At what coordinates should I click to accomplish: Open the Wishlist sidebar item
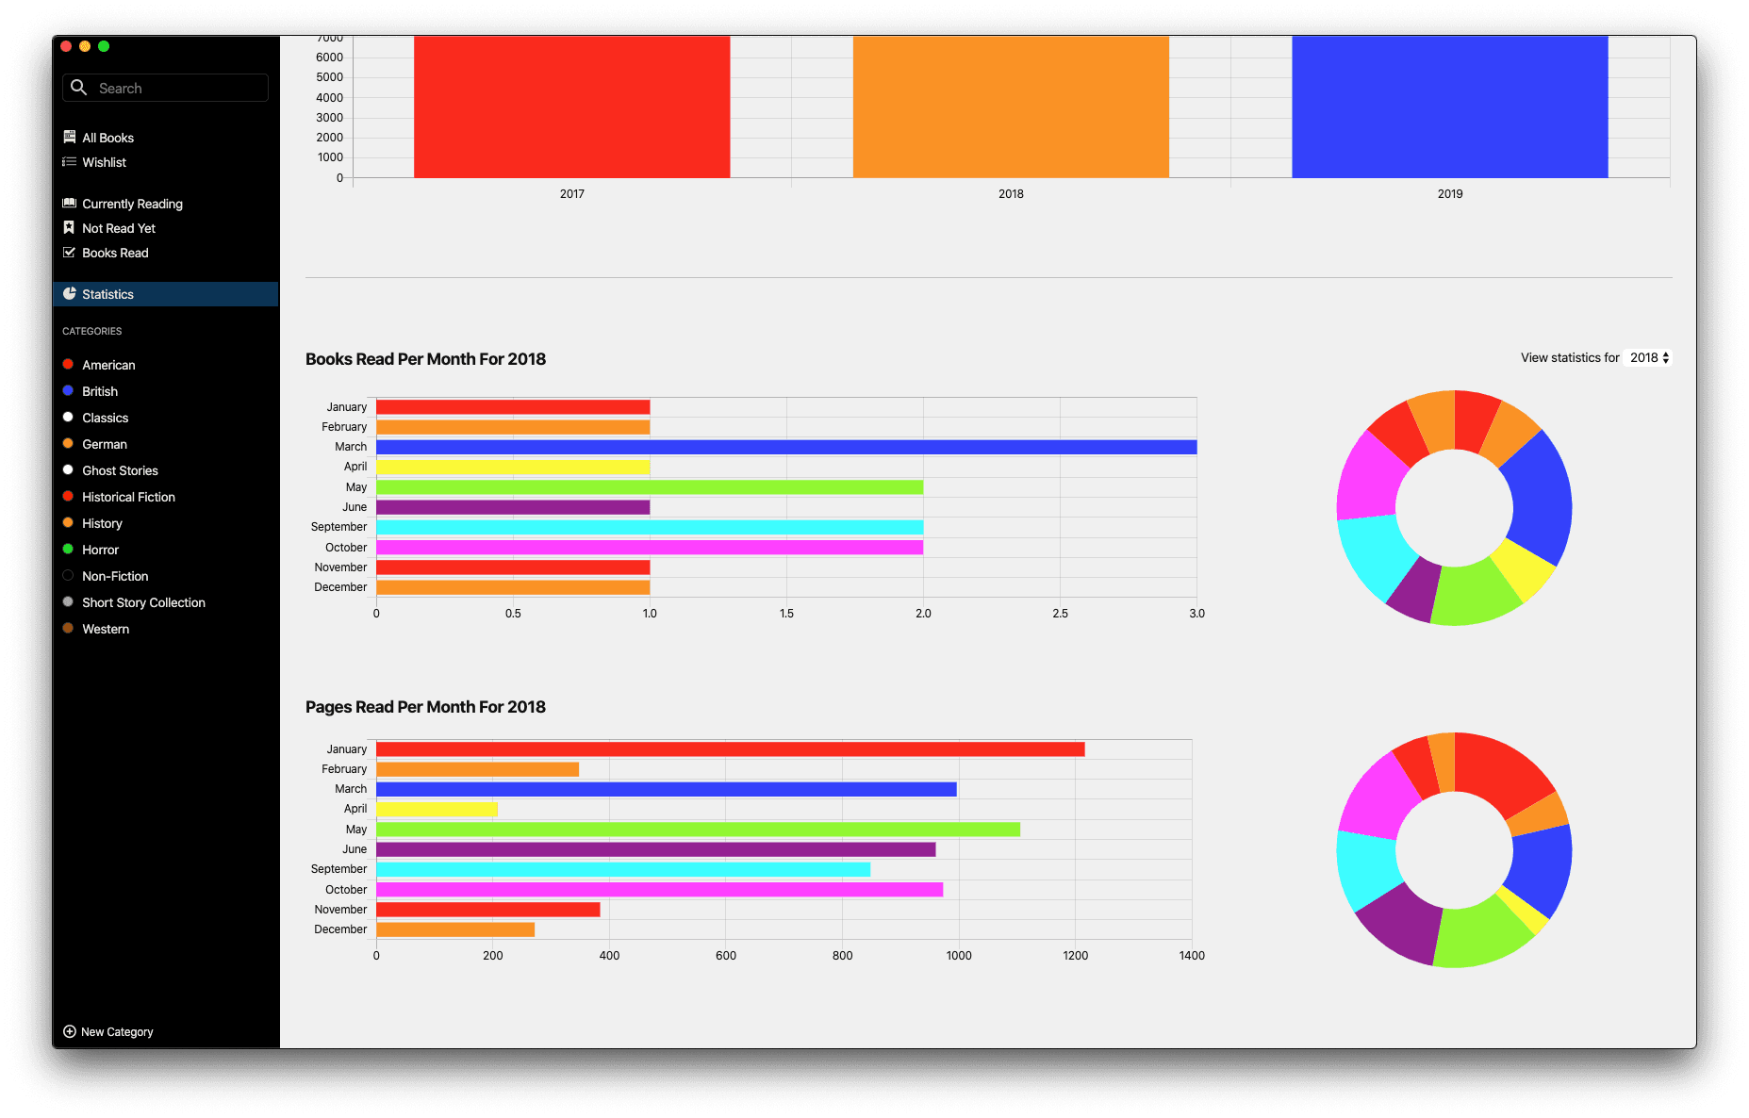tap(104, 162)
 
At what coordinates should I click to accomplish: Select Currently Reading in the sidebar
tap(132, 204)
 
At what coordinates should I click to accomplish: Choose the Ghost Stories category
tap(120, 470)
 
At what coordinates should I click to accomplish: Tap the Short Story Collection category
tap(143, 602)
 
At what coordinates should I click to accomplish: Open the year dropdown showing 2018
tap(1650, 358)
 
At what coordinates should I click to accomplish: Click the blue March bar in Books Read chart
tap(786, 447)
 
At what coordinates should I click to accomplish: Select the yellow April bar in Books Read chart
tap(513, 467)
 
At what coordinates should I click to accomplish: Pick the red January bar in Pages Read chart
tap(730, 749)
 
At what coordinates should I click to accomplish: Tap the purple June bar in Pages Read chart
tap(655, 849)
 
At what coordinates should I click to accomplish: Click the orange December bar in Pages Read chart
tap(455, 929)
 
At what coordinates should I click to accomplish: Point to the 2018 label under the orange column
tap(1011, 194)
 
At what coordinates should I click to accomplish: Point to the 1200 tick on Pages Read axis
tap(1075, 956)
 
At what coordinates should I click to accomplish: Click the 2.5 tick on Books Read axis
tap(1060, 614)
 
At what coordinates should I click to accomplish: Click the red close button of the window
tap(66, 46)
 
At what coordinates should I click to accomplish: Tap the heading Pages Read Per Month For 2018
tap(425, 707)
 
